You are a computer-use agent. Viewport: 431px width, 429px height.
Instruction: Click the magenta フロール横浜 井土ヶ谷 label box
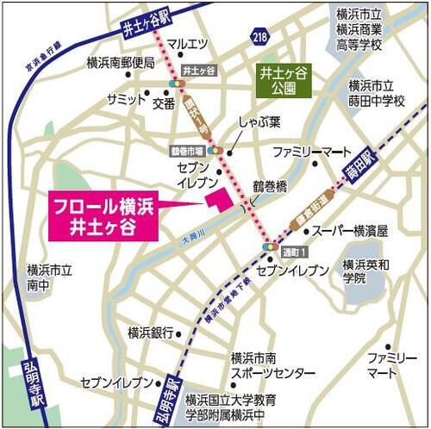103,215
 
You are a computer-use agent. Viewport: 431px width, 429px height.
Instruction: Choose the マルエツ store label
187,43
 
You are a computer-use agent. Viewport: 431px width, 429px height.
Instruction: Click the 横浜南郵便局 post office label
120,63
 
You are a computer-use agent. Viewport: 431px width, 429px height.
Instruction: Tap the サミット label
126,100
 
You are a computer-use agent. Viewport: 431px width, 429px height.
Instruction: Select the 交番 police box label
164,103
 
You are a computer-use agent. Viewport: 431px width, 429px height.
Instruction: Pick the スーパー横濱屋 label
349,231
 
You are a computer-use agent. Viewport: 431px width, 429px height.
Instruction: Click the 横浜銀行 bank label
151,332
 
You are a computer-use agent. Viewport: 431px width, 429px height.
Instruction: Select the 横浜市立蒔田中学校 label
376,94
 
